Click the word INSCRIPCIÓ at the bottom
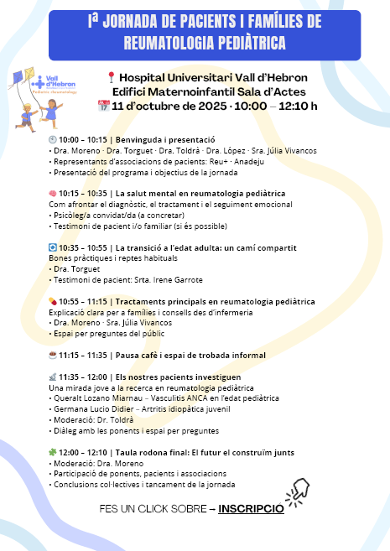[251, 508]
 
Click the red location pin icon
[112, 77]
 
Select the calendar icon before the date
[104, 106]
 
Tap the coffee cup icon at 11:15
[53, 356]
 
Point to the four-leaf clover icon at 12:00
[53, 452]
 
